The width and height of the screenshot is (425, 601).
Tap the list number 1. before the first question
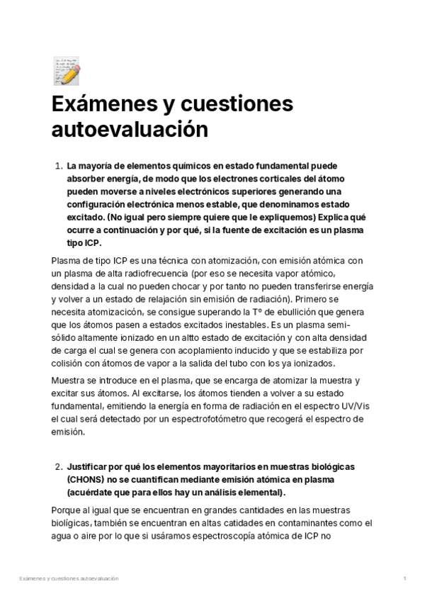59,166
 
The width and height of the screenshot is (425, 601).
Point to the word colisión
69,363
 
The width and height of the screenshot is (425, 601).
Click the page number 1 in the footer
404,579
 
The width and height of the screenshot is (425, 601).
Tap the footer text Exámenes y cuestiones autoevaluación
69,579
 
